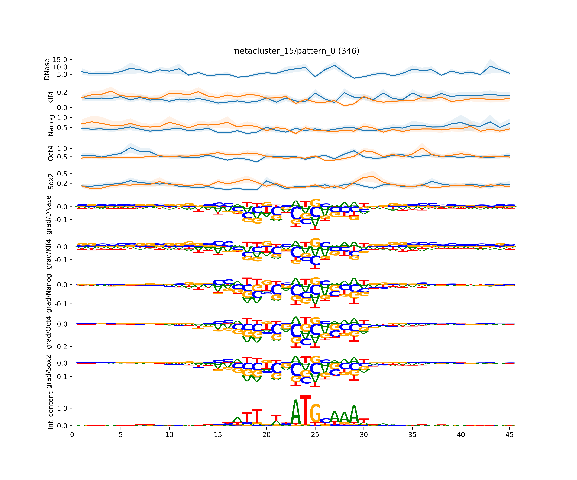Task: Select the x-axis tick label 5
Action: (x=121, y=435)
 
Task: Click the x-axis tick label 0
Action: (x=72, y=435)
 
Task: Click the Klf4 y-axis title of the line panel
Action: (x=51, y=97)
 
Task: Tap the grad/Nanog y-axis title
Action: (x=49, y=293)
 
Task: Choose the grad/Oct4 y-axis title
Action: (x=49, y=332)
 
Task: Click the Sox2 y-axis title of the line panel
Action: (x=51, y=181)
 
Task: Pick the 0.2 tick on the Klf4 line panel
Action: (x=62, y=92)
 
